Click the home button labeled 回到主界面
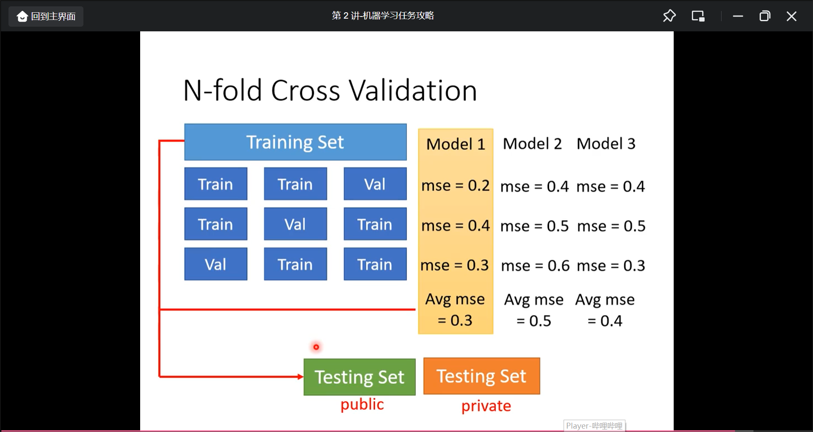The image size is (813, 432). pyautogui.click(x=46, y=17)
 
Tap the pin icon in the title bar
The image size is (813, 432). pyautogui.click(x=669, y=16)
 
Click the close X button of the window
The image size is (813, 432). pyautogui.click(x=791, y=17)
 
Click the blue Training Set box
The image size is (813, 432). pyautogui.click(x=296, y=142)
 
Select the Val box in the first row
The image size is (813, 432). pyautogui.click(x=375, y=184)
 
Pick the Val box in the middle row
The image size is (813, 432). pyautogui.click(x=296, y=224)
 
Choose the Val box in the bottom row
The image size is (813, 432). pyautogui.click(x=216, y=264)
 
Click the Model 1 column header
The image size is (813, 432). pyautogui.click(x=456, y=144)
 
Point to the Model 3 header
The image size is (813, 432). pyautogui.click(x=606, y=144)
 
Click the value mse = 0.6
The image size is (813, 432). pyautogui.click(x=535, y=266)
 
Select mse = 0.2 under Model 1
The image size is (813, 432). pyautogui.click(x=456, y=186)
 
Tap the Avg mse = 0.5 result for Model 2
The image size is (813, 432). pyautogui.click(x=534, y=310)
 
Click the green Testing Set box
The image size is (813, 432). pyautogui.click(x=359, y=377)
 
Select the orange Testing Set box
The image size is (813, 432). pyautogui.click(x=482, y=376)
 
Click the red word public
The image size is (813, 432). pyautogui.click(x=362, y=404)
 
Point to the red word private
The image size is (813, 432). pyautogui.click(x=486, y=406)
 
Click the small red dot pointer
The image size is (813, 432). pyautogui.click(x=316, y=347)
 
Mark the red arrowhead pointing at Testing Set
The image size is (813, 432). pyautogui.click(x=301, y=377)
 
